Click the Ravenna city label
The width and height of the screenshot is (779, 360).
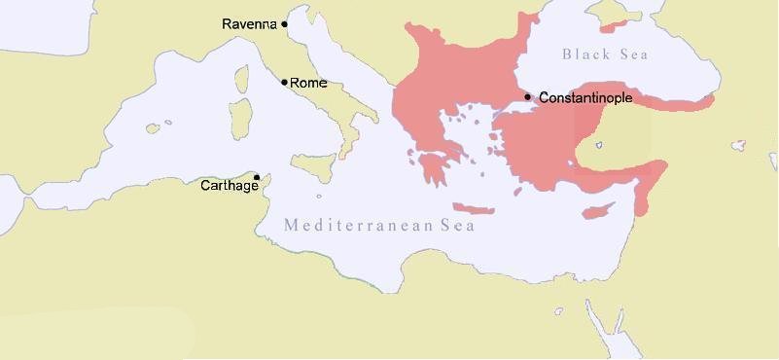tap(249, 23)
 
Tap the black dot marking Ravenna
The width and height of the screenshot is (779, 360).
tap(285, 23)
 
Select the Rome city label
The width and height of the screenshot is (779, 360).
tap(309, 84)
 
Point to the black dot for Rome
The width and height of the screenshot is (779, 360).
tap(284, 82)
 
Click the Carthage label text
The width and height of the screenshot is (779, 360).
tap(229, 186)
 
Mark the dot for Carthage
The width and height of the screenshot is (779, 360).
tap(257, 177)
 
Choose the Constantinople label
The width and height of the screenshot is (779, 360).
tap(585, 98)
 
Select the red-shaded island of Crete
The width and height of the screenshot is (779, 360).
tap(475, 209)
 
